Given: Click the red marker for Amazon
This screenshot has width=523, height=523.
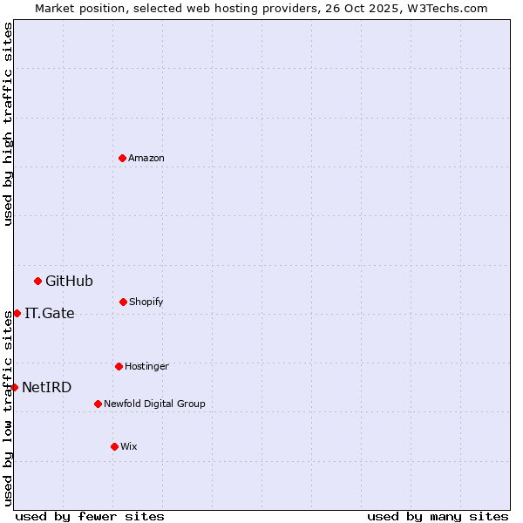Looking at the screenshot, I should (x=122, y=158).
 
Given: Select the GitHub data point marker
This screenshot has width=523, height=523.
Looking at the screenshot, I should (x=37, y=281).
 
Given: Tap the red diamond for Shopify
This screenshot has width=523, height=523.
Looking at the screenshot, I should (x=123, y=302).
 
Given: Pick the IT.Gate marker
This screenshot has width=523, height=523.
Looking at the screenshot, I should (x=17, y=313).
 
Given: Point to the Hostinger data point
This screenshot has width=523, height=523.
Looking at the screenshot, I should (x=119, y=366).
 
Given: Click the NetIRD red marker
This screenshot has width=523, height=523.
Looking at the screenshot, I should (x=14, y=387).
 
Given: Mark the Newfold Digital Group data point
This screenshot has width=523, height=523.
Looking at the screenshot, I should (x=98, y=404).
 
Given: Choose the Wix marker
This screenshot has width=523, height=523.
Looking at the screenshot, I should (x=114, y=446).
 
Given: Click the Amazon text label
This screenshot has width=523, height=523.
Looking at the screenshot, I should (x=146, y=158).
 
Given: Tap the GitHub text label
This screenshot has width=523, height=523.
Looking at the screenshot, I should (x=69, y=281).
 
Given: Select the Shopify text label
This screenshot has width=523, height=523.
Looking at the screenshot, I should (x=146, y=302).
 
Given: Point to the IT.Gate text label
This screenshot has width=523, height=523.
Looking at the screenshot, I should (x=50, y=313).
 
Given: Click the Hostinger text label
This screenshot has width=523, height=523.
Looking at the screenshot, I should (x=146, y=366).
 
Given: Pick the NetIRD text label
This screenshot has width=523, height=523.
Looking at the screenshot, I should (x=47, y=387).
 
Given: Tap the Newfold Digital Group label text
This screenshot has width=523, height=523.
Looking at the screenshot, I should (x=155, y=404).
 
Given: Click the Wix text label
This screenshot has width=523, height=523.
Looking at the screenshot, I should (x=129, y=446).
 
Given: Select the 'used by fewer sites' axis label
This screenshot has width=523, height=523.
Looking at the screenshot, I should (x=90, y=516).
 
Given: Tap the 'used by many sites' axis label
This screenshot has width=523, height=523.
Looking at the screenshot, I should (x=438, y=516).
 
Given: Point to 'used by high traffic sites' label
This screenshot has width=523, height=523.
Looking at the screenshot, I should (x=8, y=124).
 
